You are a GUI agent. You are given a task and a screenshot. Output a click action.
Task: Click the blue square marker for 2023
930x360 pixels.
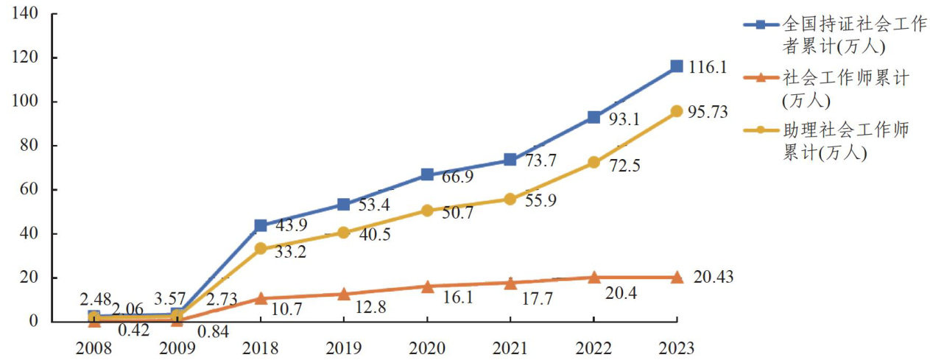coord(677,66)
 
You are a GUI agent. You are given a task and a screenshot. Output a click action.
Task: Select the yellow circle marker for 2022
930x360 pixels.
coord(593,162)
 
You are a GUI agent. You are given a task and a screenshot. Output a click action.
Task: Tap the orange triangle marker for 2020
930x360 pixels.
coord(427,286)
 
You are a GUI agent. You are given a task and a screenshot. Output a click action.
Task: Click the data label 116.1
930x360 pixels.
coord(708,67)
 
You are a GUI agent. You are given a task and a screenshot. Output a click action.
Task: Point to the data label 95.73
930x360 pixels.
coord(711,112)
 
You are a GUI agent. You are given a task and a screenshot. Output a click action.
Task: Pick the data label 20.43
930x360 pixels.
coord(713,277)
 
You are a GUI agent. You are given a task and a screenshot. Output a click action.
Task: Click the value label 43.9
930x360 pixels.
coord(290,225)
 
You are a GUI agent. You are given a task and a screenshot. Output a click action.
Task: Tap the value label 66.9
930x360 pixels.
coord(457,177)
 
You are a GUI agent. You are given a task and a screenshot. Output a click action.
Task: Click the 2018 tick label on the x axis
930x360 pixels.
coord(260,347)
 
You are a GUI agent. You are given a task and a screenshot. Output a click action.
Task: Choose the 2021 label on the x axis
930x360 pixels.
coord(510,347)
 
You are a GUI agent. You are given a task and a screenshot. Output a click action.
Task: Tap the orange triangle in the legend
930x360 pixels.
coord(762,77)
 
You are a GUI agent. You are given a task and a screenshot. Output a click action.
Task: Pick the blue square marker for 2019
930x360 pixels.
coord(344,204)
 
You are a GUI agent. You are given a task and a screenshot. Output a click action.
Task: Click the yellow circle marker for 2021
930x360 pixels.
coord(510,199)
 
